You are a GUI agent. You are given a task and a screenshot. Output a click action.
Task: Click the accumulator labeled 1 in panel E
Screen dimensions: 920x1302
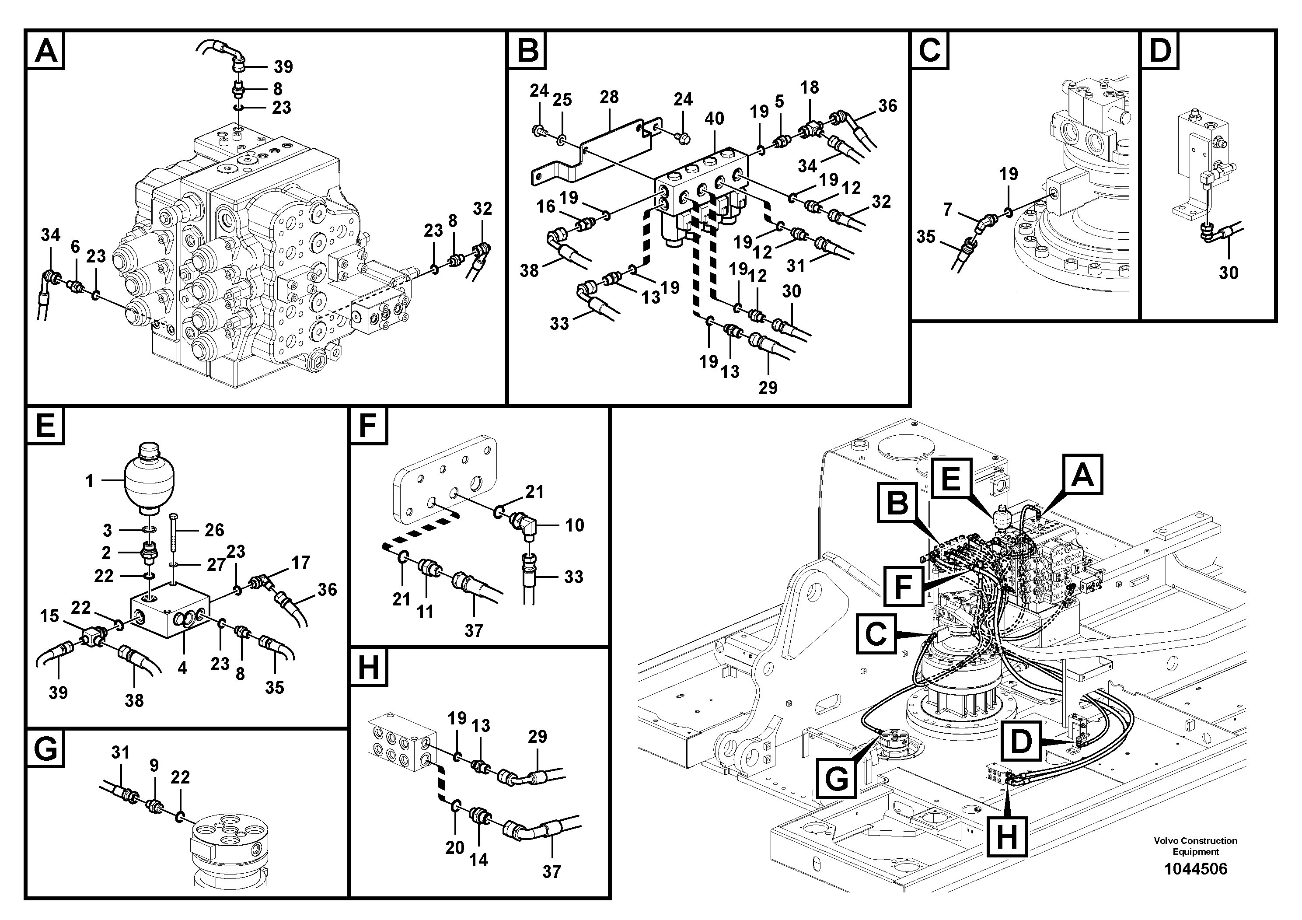pyautogui.click(x=150, y=476)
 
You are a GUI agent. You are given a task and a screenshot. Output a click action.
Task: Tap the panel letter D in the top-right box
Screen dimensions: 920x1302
pyautogui.click(x=1160, y=50)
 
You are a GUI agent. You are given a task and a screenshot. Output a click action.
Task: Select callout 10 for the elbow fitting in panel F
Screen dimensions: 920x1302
pyautogui.click(x=574, y=525)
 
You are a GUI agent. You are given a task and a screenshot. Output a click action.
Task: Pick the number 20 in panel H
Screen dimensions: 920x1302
pyautogui.click(x=454, y=847)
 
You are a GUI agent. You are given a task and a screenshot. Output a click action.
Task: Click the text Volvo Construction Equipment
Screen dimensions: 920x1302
pyautogui.click(x=1195, y=846)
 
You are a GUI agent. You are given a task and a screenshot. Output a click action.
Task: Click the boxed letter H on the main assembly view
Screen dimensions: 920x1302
pyautogui.click(x=1006, y=836)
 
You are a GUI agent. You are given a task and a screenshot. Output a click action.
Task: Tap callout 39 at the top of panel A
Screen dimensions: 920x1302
pyautogui.click(x=283, y=67)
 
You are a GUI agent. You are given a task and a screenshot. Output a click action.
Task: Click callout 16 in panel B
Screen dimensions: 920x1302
pyautogui.click(x=545, y=206)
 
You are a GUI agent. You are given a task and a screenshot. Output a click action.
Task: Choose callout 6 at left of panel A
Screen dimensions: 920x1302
pyautogui.click(x=75, y=246)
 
